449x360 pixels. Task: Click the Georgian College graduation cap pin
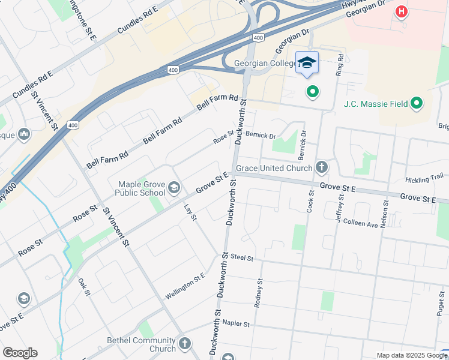point(307,63)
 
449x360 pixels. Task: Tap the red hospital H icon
point(401,11)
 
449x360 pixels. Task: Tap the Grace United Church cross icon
point(322,167)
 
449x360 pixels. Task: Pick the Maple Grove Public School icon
point(174,188)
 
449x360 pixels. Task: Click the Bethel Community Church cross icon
point(185,344)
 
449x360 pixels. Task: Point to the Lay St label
point(190,212)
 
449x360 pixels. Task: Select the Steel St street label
point(243,258)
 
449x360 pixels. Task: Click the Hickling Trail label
point(424,179)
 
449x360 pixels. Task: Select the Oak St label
point(84,287)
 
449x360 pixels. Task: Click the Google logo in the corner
point(20,353)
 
